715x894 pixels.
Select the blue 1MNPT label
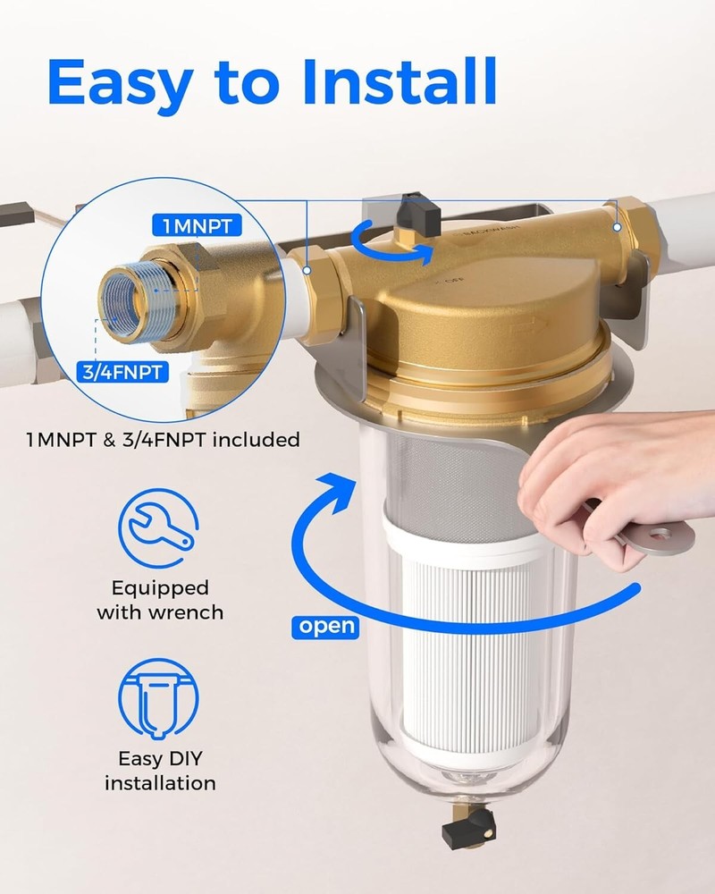pyautogui.click(x=197, y=227)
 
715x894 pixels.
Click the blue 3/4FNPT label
pyautogui.click(x=128, y=372)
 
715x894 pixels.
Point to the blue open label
pyautogui.click(x=326, y=626)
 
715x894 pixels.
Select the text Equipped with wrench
pyautogui.click(x=160, y=600)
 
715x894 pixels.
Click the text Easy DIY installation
pyautogui.click(x=160, y=771)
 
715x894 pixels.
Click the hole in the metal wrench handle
pyautogui.click(x=661, y=535)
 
